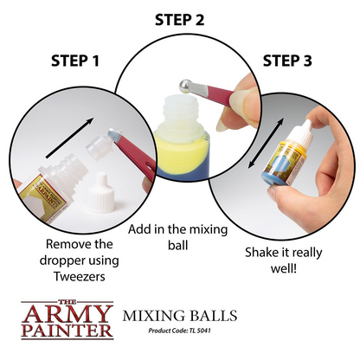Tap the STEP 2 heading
coord(179,19)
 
